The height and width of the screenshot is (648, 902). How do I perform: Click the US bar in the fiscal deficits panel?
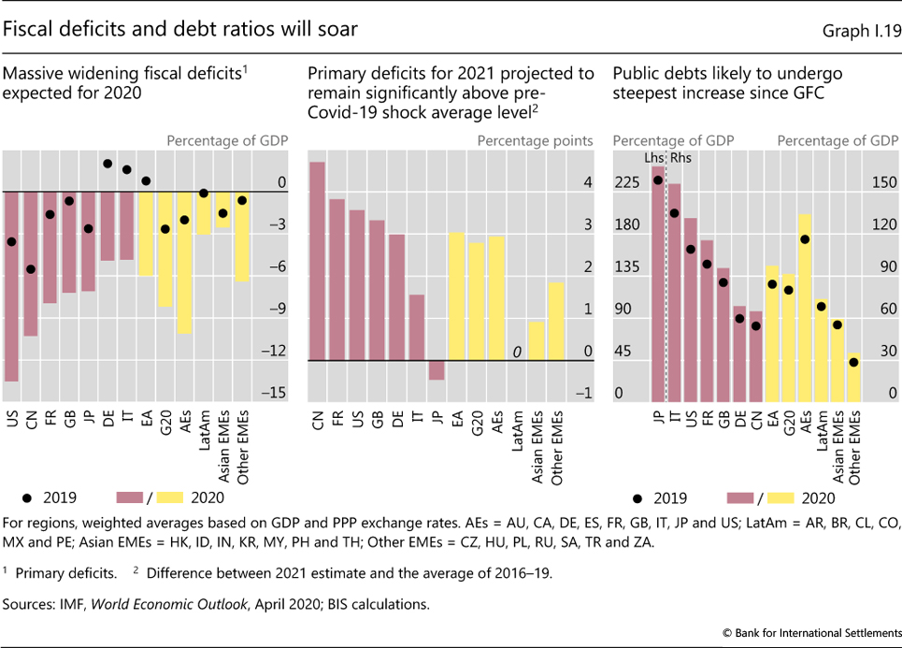[11, 286]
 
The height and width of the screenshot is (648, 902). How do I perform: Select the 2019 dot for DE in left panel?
[107, 164]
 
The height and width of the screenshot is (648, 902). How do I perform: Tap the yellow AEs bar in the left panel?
[184, 263]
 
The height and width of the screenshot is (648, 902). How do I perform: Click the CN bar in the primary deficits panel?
[318, 261]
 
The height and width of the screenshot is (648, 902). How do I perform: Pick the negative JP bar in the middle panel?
[437, 370]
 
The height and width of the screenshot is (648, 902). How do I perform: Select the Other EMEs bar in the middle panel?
[555, 322]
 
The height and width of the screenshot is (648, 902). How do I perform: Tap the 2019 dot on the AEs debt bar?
[804, 239]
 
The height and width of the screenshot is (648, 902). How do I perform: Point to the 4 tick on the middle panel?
[587, 184]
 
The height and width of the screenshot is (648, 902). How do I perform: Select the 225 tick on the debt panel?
[625, 184]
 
